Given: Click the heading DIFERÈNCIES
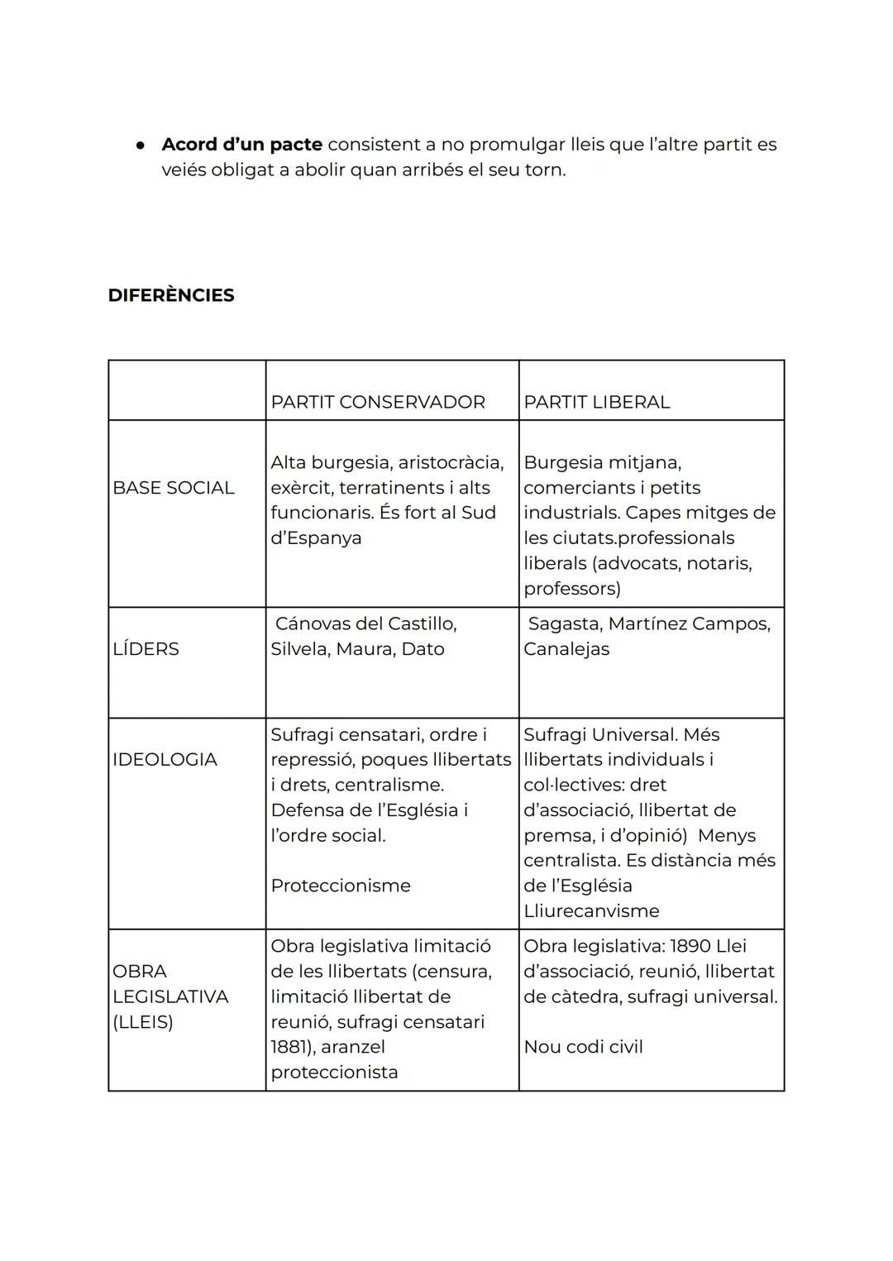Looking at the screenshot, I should [171, 295].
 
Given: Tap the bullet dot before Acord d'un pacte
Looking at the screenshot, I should [141, 145].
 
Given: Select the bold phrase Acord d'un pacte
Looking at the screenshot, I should [241, 145].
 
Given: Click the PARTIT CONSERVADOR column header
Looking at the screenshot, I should [378, 402].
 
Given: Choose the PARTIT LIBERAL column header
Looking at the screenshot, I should [596, 402].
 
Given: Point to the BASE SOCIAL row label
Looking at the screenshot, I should [173, 488].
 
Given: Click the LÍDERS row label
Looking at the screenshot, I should [146, 649].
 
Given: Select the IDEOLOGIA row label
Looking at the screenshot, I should [165, 759].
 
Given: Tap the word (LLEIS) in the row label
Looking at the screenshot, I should [143, 1022].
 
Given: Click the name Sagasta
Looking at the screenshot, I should [564, 623].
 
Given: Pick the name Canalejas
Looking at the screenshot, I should [566, 649].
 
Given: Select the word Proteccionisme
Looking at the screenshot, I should [341, 886].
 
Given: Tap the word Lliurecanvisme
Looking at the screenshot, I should [591, 911].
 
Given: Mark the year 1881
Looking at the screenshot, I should [287, 1047].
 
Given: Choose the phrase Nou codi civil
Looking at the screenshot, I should [583, 1047].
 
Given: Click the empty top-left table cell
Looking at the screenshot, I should [187, 390].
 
